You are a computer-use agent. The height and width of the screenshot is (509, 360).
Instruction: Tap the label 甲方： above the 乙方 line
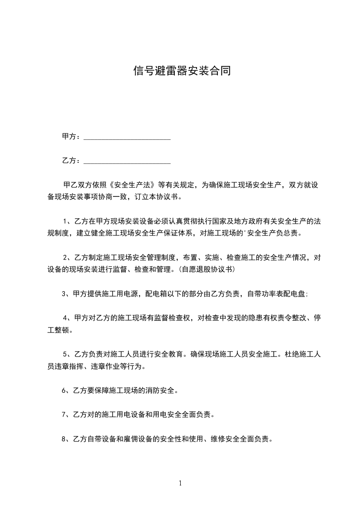pos(71,137)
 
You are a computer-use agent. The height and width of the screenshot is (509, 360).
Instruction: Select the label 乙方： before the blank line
pos(71,161)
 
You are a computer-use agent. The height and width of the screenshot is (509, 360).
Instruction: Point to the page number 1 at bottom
pos(180,483)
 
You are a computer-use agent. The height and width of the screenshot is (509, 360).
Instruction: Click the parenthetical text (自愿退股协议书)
pos(207,269)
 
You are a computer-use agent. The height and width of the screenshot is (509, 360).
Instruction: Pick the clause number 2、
pos(68,257)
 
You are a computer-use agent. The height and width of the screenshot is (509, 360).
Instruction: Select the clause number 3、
pos(66,294)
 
